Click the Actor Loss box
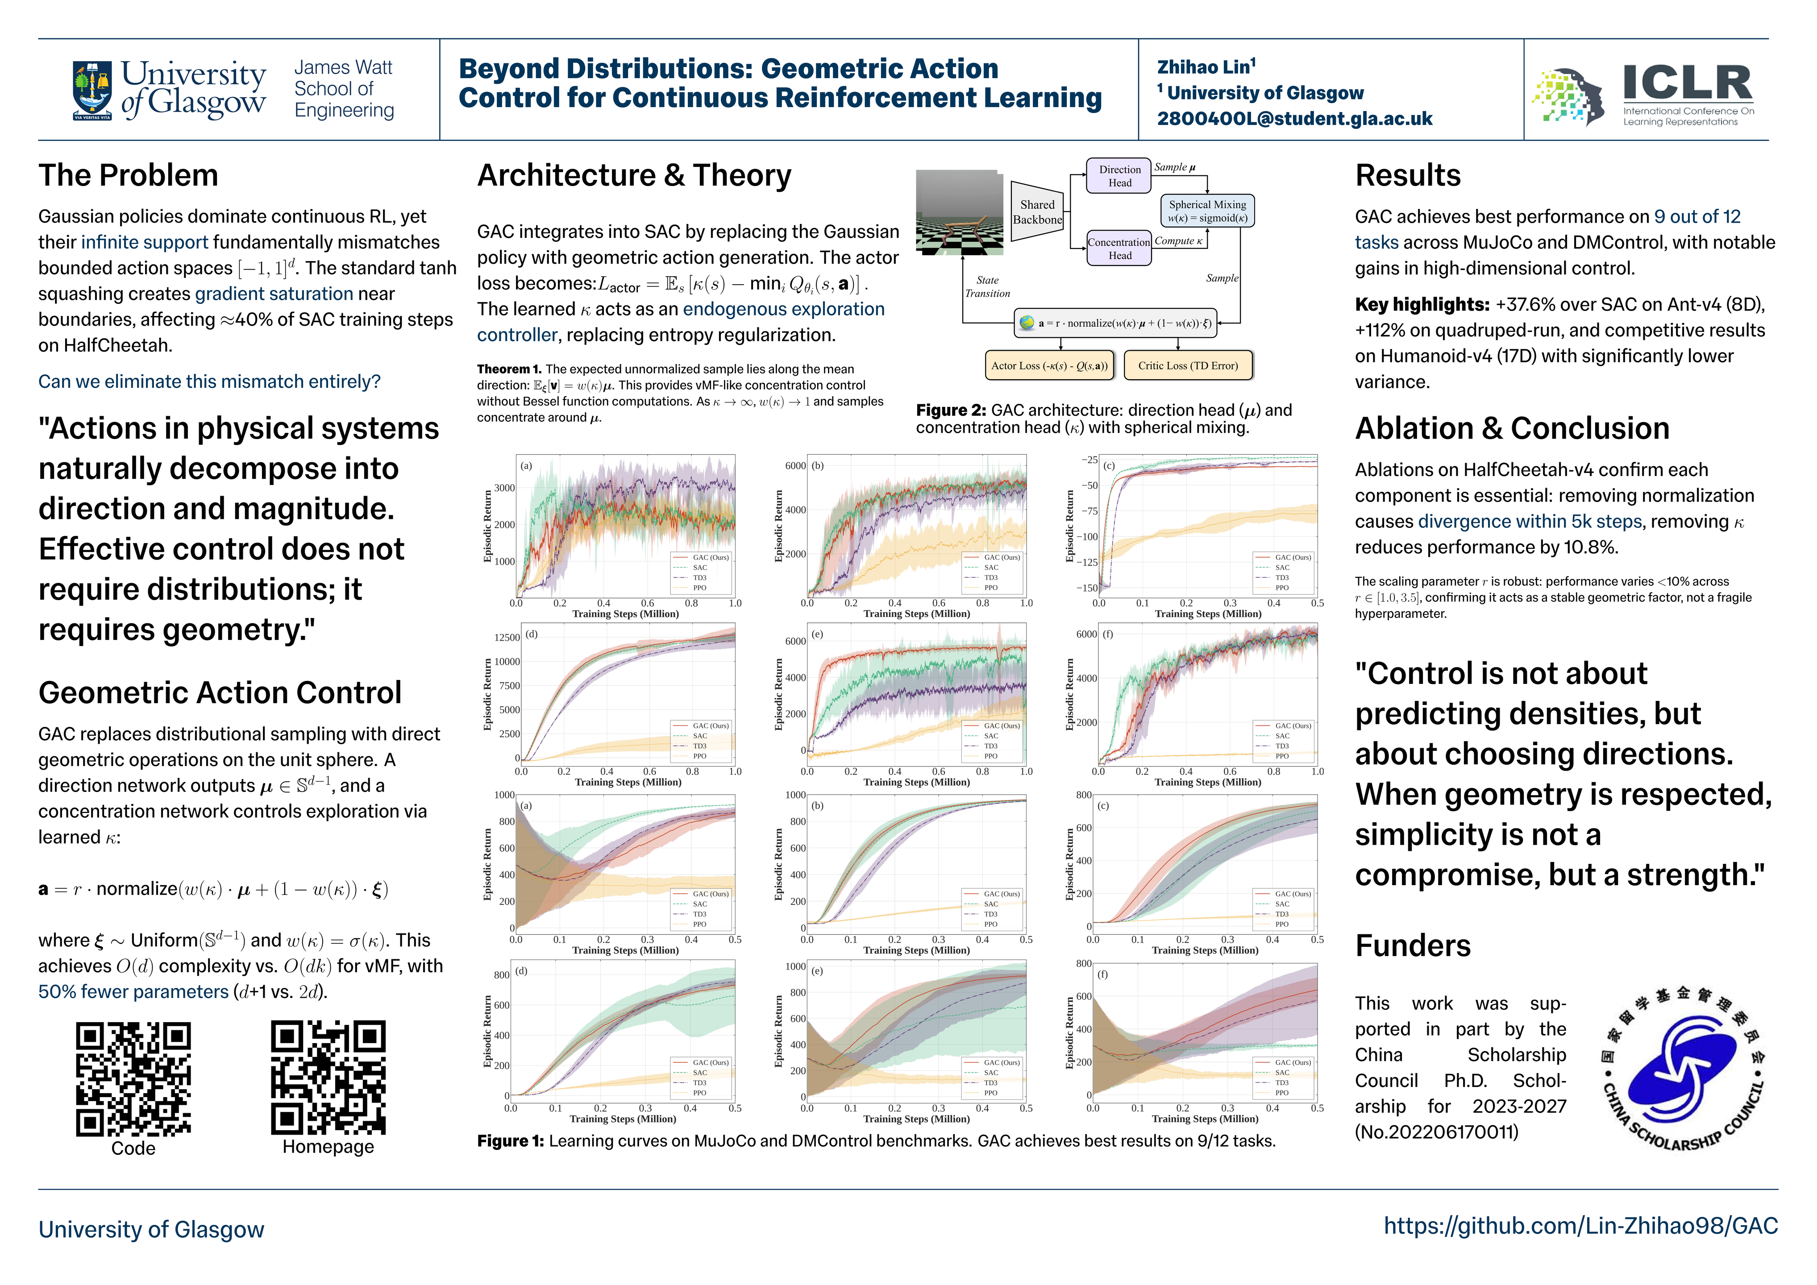point(1048,365)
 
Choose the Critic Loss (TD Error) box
point(1187,365)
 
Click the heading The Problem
point(128,176)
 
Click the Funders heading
point(1413,945)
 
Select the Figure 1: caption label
point(511,1141)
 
